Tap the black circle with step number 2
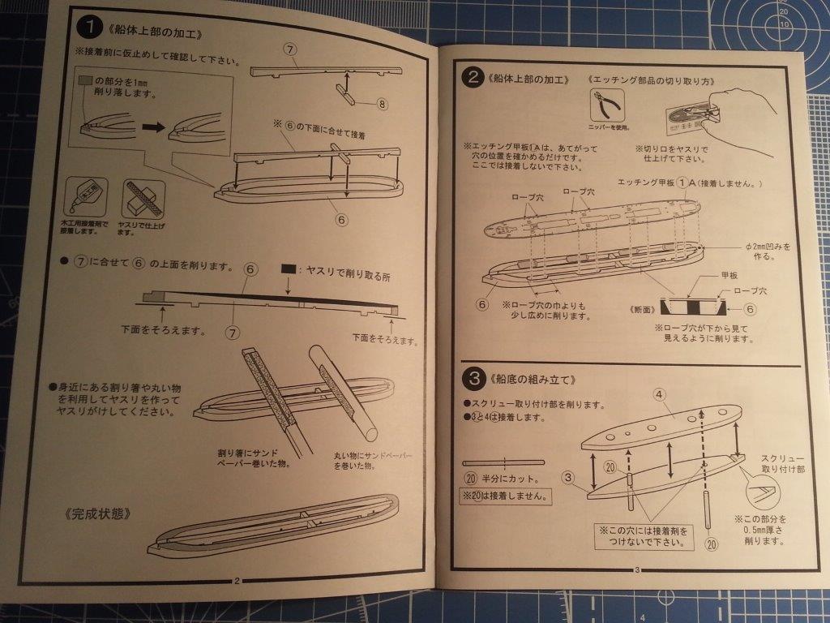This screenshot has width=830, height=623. [472, 78]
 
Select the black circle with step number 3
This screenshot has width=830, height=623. [472, 379]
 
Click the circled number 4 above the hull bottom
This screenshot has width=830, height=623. [659, 393]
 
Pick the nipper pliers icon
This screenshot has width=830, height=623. [608, 107]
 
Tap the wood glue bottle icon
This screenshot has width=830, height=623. [81, 195]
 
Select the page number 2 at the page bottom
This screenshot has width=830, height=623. [236, 579]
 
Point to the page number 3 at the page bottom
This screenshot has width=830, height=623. [637, 569]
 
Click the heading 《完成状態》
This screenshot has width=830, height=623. [96, 514]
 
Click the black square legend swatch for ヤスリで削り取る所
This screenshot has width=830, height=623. [289, 269]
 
